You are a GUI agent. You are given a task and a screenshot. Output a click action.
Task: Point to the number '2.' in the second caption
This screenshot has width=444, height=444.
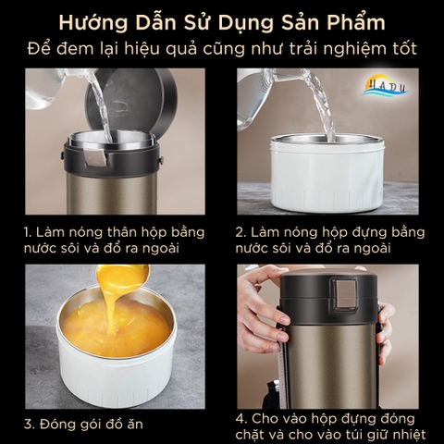pos(241,232)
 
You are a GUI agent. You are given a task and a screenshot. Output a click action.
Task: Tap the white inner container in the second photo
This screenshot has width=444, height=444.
pos(327,176)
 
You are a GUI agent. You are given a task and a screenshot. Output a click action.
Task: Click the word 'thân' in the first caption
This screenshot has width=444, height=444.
pos(137,232)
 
